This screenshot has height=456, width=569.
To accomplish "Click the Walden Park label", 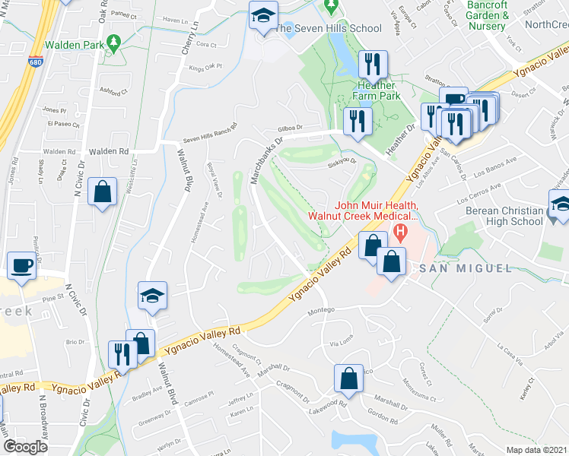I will tap(74, 45).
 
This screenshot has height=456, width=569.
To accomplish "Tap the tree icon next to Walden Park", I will tap(114, 44).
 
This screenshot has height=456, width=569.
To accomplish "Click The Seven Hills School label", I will tap(328, 28).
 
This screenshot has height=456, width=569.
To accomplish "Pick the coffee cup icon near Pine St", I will tap(20, 267).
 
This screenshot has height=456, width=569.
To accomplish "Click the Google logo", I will tap(25, 447).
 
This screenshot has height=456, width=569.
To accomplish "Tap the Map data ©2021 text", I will tap(537, 449).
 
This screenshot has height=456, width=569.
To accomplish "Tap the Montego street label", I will tap(320, 312).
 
